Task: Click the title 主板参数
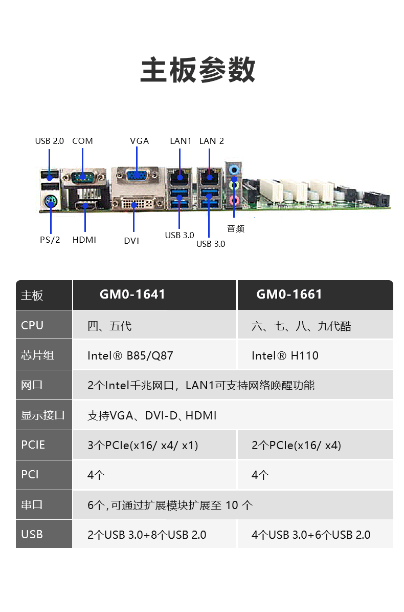click(197, 70)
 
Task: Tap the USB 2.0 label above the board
click(50, 141)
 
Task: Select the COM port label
click(83, 141)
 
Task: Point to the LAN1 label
click(181, 141)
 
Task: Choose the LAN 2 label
click(212, 141)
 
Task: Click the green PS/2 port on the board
click(51, 202)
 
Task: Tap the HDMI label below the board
click(84, 240)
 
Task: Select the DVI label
click(131, 241)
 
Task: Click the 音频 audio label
click(236, 229)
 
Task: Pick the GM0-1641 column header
click(132, 294)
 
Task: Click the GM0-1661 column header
click(289, 294)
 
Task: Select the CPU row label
click(32, 325)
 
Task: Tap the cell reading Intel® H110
click(285, 355)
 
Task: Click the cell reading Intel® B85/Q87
click(130, 355)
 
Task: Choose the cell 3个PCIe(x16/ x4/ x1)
click(143, 446)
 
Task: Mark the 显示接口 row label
click(43, 415)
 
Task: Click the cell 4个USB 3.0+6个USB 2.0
click(311, 535)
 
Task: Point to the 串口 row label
click(32, 504)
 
